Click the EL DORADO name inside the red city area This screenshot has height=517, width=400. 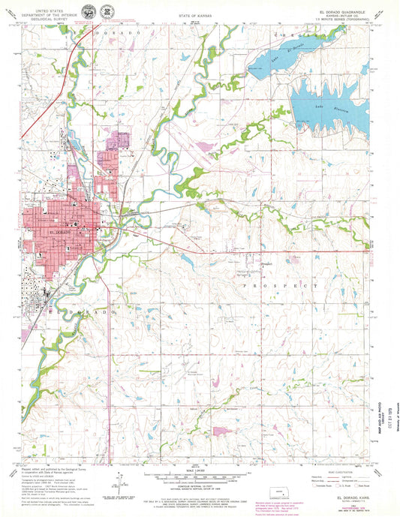tap(60, 233)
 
